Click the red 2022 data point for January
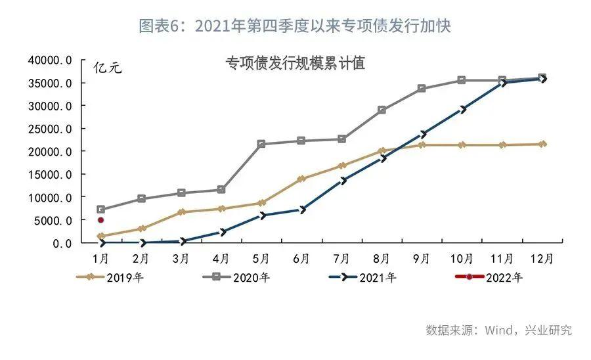[100, 220]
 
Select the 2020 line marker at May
[261, 144]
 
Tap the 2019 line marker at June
[301, 179]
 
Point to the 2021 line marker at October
[462, 109]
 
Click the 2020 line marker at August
[382, 110]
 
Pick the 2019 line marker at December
[542, 144]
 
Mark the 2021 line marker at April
[221, 232]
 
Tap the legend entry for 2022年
[489, 277]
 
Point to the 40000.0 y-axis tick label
[49, 60]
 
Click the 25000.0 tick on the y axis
[49, 129]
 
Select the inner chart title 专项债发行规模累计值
[295, 64]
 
